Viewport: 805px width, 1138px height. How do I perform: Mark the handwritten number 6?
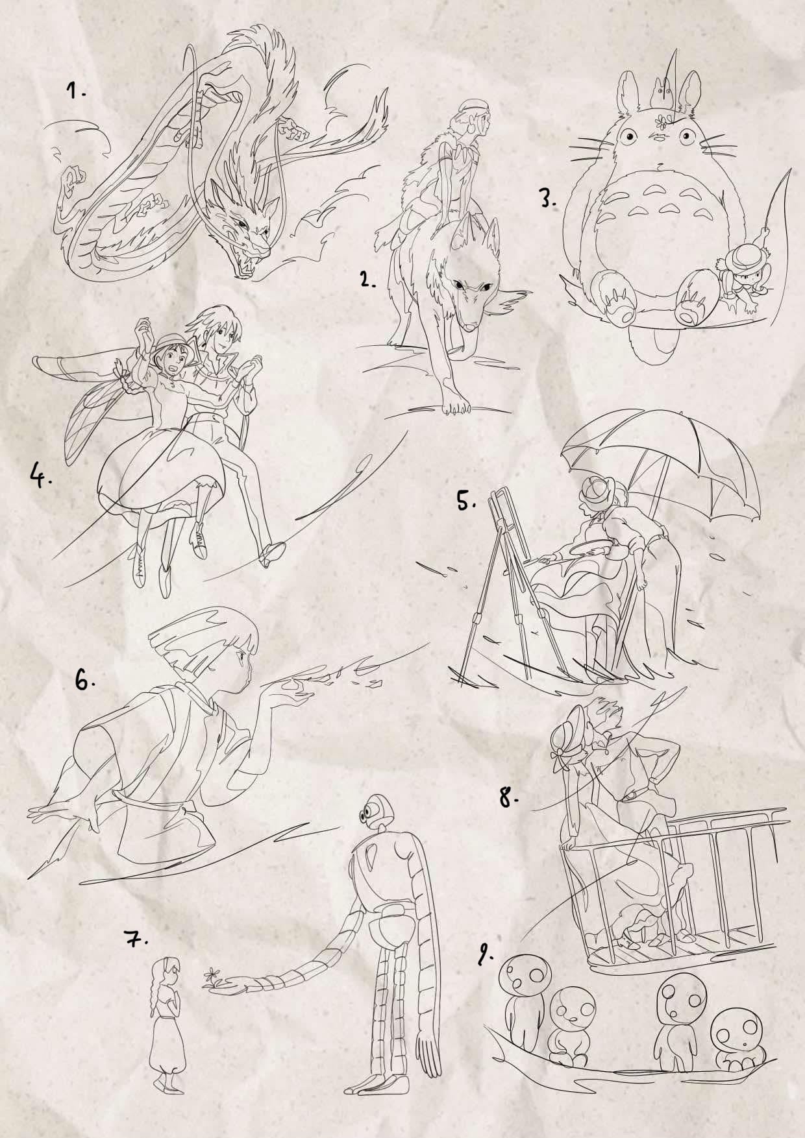[x=85, y=681]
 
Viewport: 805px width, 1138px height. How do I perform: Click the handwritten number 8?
[x=508, y=797]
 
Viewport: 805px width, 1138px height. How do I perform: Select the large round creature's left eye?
[x=628, y=136]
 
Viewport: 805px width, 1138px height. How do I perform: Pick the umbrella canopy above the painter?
[x=662, y=454]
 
